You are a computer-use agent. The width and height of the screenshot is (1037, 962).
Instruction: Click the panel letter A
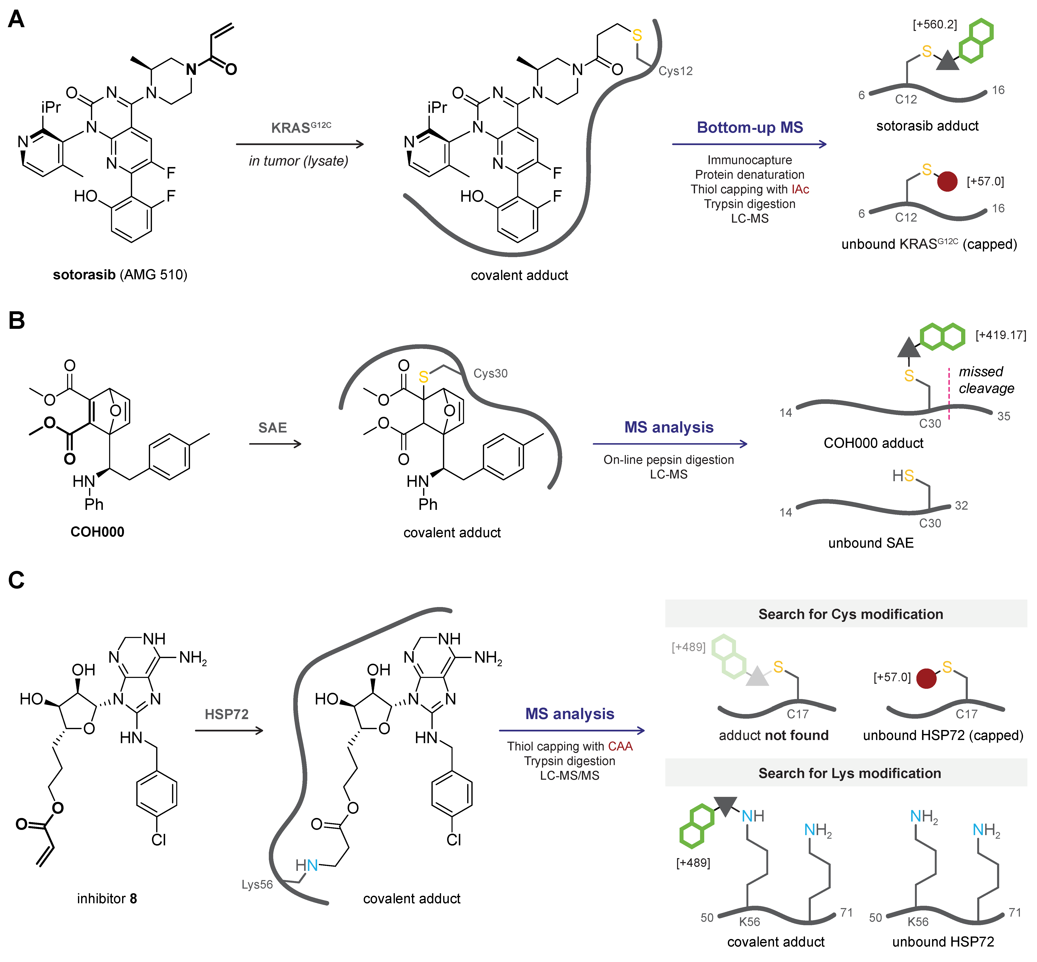(16, 20)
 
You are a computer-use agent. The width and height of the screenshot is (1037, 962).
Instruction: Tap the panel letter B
(16, 320)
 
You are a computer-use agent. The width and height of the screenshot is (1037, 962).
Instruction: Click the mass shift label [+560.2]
(934, 24)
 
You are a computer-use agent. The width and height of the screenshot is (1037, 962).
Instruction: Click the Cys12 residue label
(675, 71)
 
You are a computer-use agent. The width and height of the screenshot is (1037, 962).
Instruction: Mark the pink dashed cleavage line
(949, 394)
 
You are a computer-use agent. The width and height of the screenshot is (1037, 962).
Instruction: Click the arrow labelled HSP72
(229, 730)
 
